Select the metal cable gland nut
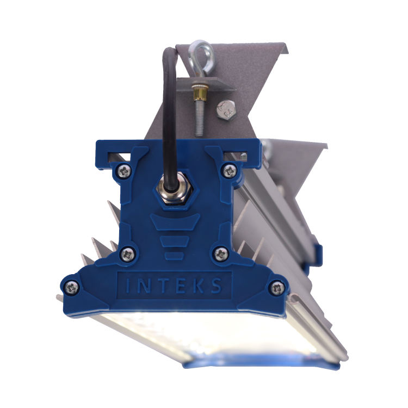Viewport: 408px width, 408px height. coord(175,190)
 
